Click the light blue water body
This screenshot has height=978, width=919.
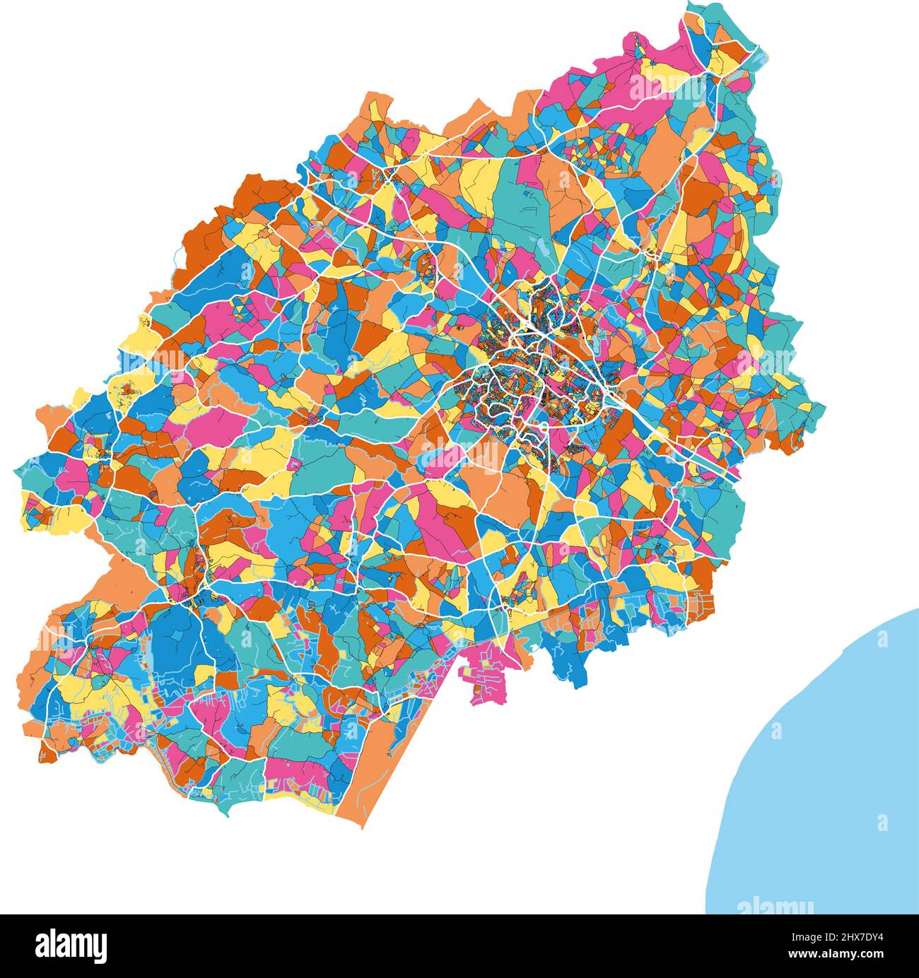point(827,777)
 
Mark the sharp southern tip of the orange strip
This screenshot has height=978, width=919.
point(363,827)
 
